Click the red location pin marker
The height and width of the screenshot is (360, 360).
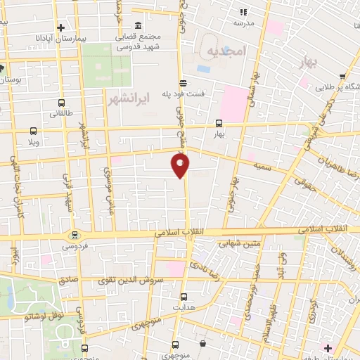point(181,166)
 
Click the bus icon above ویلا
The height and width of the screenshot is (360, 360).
point(34,131)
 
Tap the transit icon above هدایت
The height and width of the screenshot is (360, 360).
point(184,297)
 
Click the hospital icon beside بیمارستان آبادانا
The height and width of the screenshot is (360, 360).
point(62,26)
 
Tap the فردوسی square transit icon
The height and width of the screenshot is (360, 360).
point(73,235)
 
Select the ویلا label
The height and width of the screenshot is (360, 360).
point(32,142)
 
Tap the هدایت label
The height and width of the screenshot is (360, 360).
point(184,308)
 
